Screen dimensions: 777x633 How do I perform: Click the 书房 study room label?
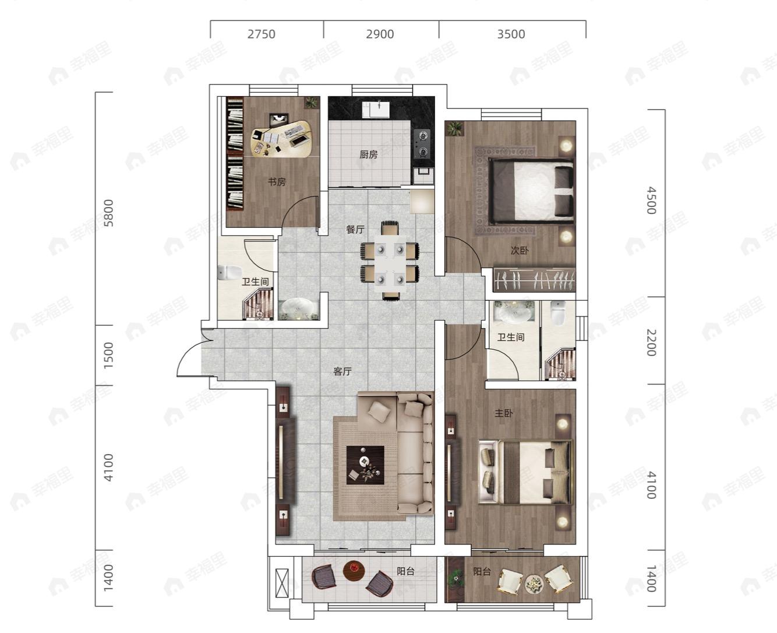click(277, 181)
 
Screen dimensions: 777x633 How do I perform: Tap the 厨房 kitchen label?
click(369, 154)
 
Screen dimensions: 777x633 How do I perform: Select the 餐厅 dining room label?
click(355, 229)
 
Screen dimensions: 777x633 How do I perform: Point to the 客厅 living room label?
click(342, 371)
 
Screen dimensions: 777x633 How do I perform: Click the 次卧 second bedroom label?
click(520, 251)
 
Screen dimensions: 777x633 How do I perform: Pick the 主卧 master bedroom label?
click(504, 413)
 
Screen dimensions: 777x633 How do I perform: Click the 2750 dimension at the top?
click(261, 34)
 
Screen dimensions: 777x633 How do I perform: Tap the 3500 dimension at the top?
click(511, 34)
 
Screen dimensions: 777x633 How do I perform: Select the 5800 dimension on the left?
click(108, 213)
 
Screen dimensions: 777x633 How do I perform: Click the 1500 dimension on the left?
click(108, 355)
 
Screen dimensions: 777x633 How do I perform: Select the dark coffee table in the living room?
click(365, 465)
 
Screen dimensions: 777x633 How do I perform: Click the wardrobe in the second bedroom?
click(534, 280)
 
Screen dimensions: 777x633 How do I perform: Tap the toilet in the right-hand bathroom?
click(558, 313)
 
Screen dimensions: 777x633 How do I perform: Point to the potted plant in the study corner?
click(311, 102)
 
